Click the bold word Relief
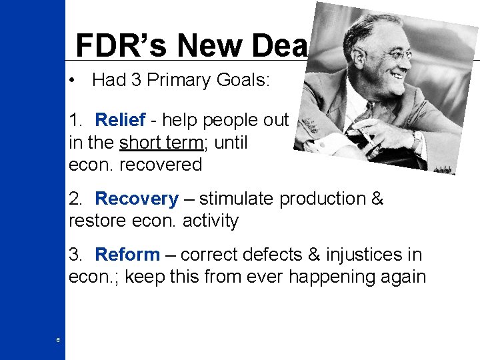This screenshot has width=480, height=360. coord(120,120)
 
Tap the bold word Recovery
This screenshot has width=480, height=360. coord(137,199)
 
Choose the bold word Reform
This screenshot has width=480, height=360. coord(127,255)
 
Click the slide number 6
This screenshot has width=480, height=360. coord(58,341)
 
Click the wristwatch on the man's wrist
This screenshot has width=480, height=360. coord(417,140)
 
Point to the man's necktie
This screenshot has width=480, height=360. coord(370,113)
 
